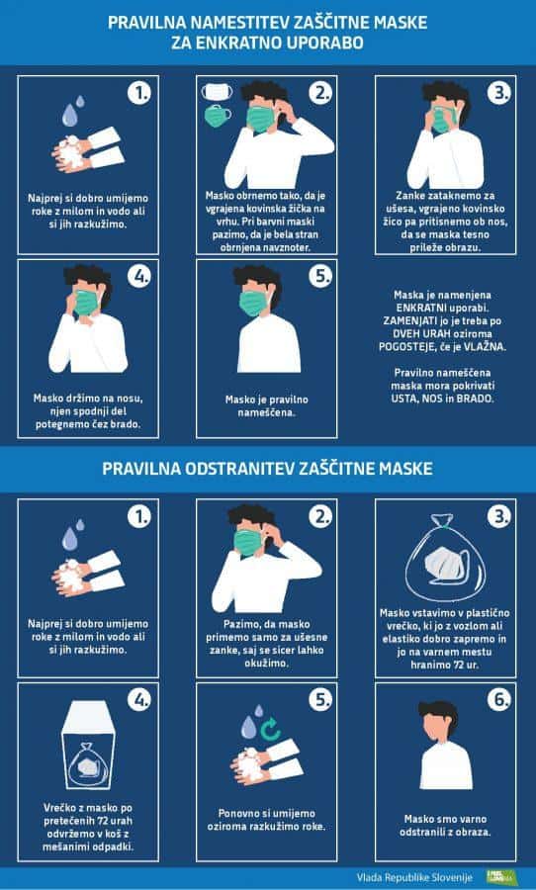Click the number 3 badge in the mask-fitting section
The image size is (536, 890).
499,93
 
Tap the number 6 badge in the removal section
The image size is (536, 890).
499,700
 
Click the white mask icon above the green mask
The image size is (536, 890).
217,91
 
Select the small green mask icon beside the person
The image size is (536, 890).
218,116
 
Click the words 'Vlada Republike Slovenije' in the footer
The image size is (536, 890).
414,877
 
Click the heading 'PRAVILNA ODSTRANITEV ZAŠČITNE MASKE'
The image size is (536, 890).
267,469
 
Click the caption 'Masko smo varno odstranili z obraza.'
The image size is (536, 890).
445,826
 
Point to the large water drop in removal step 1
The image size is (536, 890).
69,539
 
